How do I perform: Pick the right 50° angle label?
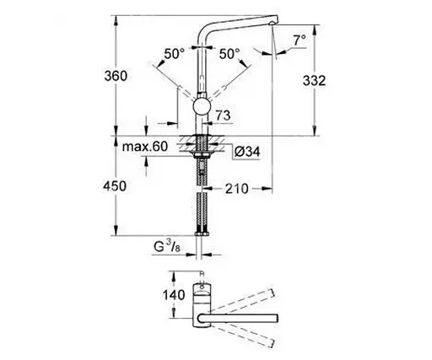point(229,53)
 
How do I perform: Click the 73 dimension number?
point(224,114)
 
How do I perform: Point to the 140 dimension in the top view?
point(151,295)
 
